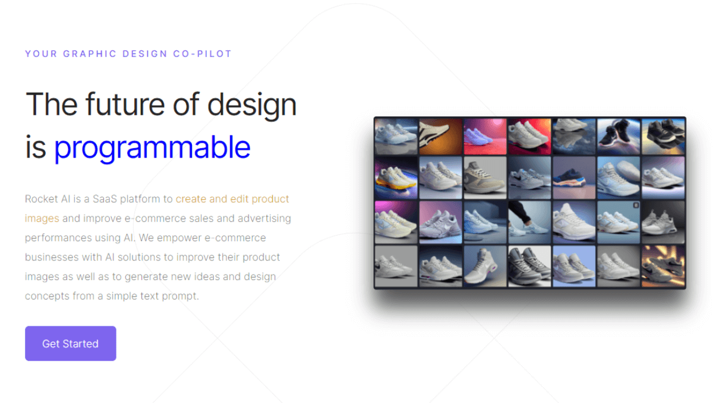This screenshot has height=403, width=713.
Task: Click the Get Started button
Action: click(x=70, y=344)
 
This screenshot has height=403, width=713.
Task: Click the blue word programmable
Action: click(x=152, y=147)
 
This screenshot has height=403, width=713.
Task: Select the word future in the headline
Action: click(x=125, y=104)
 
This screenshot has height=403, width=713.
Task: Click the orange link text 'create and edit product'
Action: click(x=232, y=199)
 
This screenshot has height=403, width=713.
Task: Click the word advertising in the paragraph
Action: click(x=264, y=218)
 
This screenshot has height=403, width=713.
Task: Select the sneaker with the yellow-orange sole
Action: click(x=396, y=178)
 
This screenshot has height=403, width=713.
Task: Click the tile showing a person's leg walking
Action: click(x=529, y=222)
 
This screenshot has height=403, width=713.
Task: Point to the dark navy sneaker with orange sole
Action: click(x=574, y=178)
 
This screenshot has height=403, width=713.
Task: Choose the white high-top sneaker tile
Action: click(x=485, y=266)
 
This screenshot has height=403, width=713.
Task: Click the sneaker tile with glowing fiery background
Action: click(x=663, y=266)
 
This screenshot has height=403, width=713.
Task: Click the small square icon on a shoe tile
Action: click(x=635, y=205)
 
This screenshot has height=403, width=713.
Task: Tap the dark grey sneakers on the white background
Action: click(x=529, y=266)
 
